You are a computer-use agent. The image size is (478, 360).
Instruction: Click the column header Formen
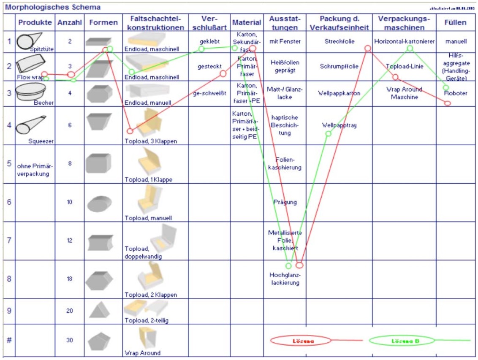(x=103, y=22)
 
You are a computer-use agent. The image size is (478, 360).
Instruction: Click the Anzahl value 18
(x=70, y=279)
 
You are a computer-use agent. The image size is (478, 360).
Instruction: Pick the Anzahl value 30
(x=70, y=340)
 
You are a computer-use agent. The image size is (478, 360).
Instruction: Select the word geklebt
(x=209, y=41)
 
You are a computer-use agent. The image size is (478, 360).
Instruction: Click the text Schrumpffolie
(x=339, y=66)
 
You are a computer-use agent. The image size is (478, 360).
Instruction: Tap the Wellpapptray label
(x=339, y=125)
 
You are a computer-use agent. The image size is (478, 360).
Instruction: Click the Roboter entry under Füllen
(x=456, y=93)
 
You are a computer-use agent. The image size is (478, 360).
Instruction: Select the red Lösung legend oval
(x=303, y=340)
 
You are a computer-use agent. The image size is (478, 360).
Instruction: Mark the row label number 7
(x=9, y=240)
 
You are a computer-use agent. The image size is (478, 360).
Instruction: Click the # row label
(x=9, y=340)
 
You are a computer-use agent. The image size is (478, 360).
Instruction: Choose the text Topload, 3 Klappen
(x=150, y=141)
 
